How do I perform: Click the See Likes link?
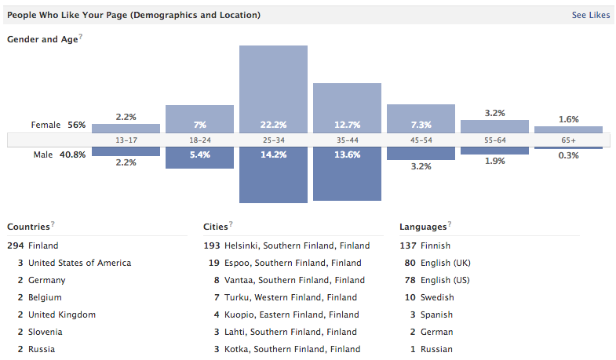590,15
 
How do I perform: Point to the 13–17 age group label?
126,140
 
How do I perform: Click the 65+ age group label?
568,140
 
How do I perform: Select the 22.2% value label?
273,125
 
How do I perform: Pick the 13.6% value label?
347,155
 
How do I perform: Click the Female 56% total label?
59,125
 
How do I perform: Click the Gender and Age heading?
42,39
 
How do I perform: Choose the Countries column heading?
29,227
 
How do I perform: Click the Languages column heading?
423,227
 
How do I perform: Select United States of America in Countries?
79,263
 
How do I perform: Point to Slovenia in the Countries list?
46,332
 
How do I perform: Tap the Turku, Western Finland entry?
290,297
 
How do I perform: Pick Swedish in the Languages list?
437,297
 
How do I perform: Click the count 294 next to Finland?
16,245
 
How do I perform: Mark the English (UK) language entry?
445,263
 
